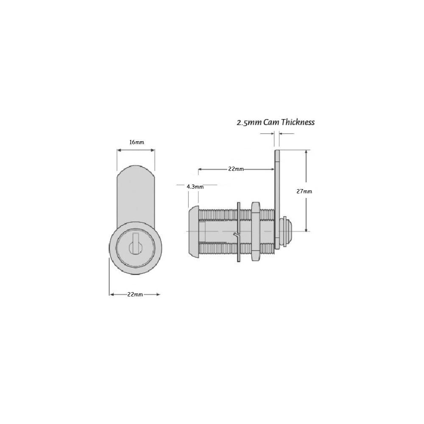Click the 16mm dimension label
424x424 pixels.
(137, 142)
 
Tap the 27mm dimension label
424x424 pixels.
(304, 191)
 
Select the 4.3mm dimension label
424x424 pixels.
(195, 186)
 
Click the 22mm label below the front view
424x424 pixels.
(135, 295)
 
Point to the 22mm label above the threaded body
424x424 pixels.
(236, 169)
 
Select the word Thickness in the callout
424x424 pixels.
(298, 123)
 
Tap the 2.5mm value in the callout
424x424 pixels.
(249, 123)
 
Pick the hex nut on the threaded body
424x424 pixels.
(255, 231)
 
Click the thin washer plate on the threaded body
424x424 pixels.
(239, 231)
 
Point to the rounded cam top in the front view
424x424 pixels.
(136, 170)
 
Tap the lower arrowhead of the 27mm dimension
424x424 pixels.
(306, 229)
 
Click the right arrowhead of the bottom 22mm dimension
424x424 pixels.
(158, 294)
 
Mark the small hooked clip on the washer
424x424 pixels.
(236, 234)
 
